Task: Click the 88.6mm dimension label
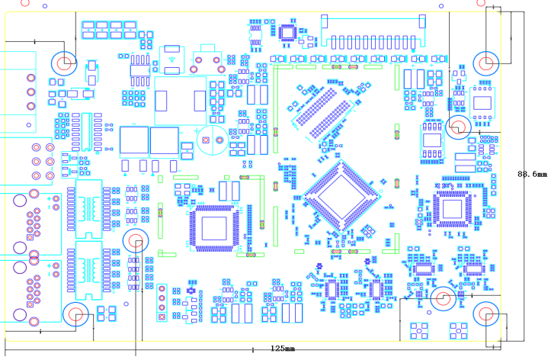[x=532, y=174]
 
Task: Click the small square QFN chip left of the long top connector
[x=287, y=32]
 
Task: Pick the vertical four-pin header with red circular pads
[x=162, y=302]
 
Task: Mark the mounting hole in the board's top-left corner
[x=64, y=61]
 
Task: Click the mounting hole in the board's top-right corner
[x=485, y=63]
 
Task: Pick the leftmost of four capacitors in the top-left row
[x=89, y=31]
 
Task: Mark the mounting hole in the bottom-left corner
[x=75, y=313]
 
